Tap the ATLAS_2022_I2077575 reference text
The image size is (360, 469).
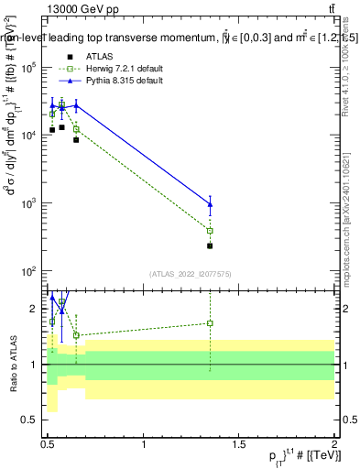tap(190, 274)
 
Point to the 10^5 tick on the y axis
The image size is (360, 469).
tap(31, 67)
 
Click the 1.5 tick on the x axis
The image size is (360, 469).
tap(240, 444)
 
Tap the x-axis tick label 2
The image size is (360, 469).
tap(335, 444)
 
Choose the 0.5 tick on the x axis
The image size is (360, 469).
tap(49, 444)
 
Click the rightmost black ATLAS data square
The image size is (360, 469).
tap(210, 245)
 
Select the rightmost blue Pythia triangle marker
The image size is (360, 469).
tap(210, 204)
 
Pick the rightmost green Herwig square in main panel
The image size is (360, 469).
tap(210, 231)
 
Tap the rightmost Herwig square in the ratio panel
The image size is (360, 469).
tap(210, 322)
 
